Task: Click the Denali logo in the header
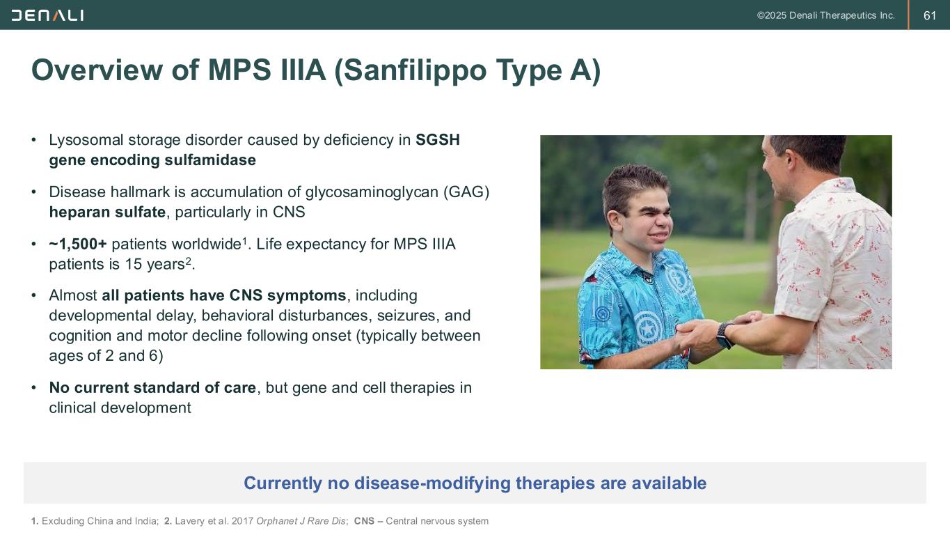pyautogui.click(x=47, y=16)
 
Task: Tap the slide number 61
pyautogui.click(x=930, y=16)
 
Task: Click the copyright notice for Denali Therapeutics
pyautogui.click(x=825, y=16)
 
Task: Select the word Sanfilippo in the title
pyautogui.click(x=415, y=70)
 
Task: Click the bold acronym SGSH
pyautogui.click(x=437, y=140)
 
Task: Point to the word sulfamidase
pyautogui.click(x=210, y=160)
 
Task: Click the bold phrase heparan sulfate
pyautogui.click(x=107, y=212)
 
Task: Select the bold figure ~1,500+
pyautogui.click(x=78, y=244)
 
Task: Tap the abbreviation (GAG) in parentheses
pyautogui.click(x=466, y=192)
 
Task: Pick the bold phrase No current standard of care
pyautogui.click(x=152, y=387)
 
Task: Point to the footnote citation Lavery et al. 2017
pyautogui.click(x=214, y=521)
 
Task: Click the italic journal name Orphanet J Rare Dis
pyautogui.click(x=301, y=521)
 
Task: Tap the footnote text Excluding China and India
pyautogui.click(x=100, y=521)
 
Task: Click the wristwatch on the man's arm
pyautogui.click(x=725, y=334)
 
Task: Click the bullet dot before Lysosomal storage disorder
pyautogui.click(x=34, y=140)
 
